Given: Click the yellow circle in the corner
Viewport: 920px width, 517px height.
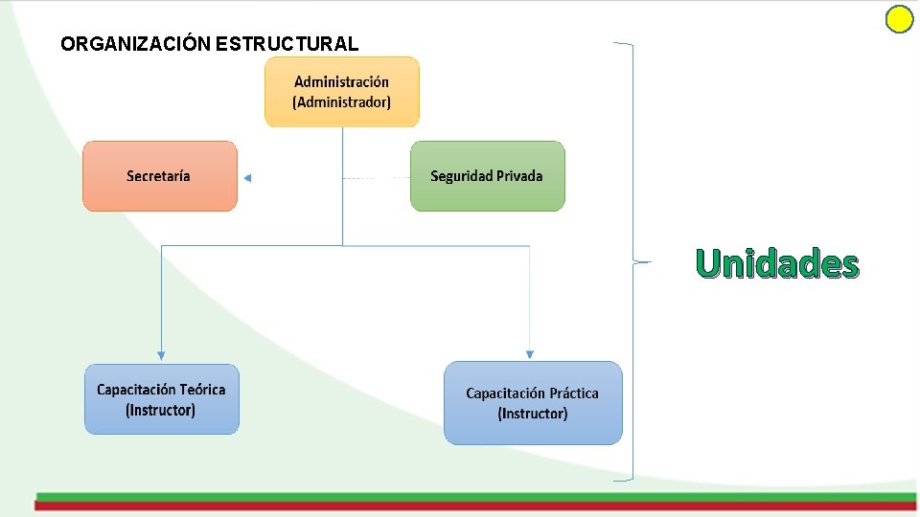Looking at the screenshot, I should [x=899, y=20].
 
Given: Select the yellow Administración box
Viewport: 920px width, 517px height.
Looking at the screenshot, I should [x=342, y=92].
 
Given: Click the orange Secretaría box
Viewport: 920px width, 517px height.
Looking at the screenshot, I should [x=159, y=176].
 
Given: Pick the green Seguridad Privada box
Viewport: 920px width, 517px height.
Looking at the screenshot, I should [x=487, y=176].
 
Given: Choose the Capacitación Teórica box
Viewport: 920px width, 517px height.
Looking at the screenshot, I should [x=161, y=399].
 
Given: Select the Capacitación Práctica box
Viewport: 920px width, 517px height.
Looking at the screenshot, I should [x=532, y=402].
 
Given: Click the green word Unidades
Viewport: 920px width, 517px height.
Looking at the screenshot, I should [x=777, y=263].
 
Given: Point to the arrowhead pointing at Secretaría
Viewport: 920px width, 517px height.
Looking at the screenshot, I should [x=247, y=178].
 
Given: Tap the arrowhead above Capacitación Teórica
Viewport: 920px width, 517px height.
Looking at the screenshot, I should [x=161, y=355].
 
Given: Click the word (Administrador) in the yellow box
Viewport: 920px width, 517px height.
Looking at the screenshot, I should [x=342, y=101].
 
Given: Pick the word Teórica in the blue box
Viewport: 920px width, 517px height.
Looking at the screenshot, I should [x=202, y=390].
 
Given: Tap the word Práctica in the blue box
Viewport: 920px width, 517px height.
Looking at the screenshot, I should [x=574, y=393].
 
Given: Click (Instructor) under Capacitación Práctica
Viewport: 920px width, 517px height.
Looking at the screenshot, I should [x=532, y=414].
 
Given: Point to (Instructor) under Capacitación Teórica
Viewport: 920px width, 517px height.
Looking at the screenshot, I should [x=161, y=410].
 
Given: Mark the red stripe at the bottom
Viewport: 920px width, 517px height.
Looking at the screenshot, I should [x=475, y=505].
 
